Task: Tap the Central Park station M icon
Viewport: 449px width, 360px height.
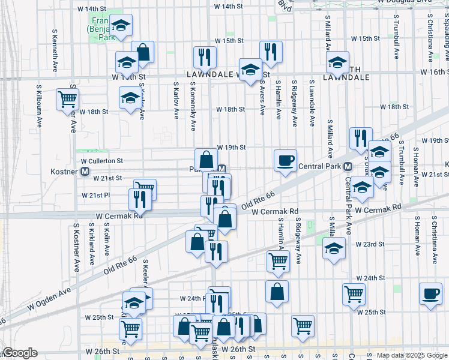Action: (x=347, y=166)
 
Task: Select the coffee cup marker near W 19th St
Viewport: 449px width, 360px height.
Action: (x=285, y=160)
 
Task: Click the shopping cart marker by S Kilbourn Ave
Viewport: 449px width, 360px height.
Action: (x=67, y=99)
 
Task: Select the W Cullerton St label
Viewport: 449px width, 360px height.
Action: (x=102, y=161)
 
